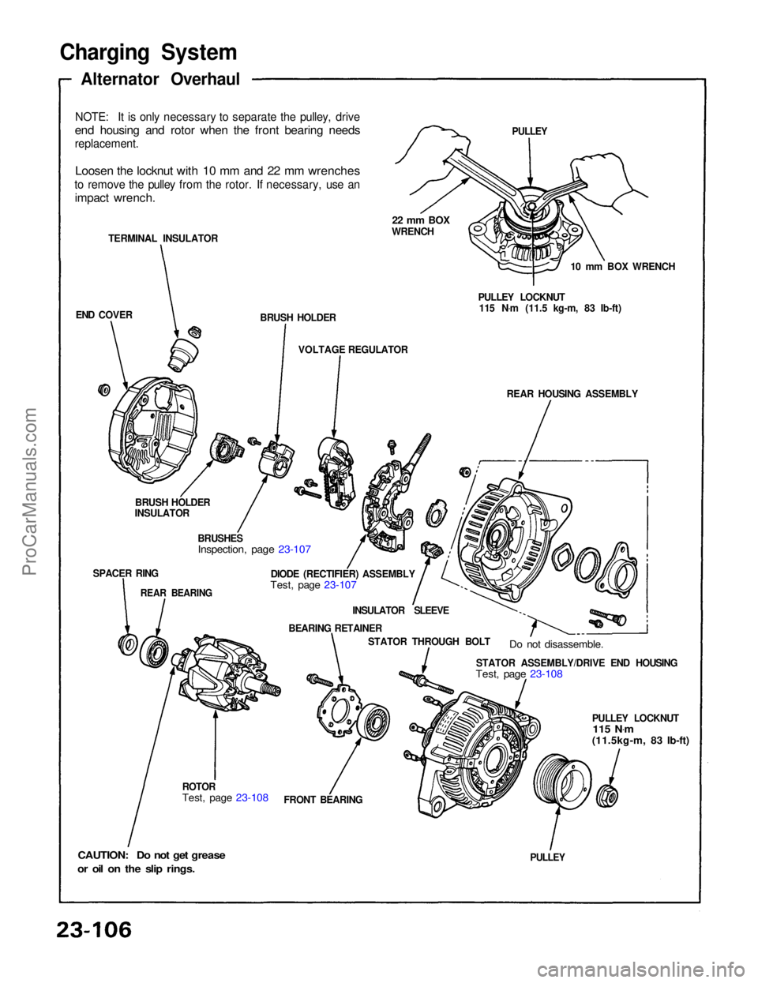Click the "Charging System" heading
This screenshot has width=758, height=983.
coord(148,52)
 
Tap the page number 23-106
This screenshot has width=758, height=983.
coord(93,929)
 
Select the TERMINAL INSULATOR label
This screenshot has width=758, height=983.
coord(163,238)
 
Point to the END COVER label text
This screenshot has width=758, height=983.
coord(104,314)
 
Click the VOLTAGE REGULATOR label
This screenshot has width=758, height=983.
coord(353,349)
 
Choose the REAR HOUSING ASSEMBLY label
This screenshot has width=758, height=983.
coord(572,393)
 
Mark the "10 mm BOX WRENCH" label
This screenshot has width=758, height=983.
coord(622,266)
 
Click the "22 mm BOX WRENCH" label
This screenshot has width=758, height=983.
coord(420,226)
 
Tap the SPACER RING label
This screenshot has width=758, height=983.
coord(126,573)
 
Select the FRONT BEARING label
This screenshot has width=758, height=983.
coord(323,799)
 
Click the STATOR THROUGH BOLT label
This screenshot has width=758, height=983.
coord(429,642)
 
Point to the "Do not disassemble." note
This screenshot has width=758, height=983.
coord(556,644)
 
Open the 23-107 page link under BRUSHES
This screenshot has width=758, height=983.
coord(295,548)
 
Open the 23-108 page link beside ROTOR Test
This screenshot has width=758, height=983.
coord(252,797)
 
